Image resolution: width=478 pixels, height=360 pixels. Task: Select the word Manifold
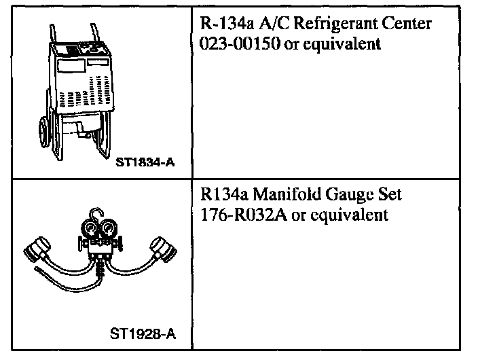[276, 196]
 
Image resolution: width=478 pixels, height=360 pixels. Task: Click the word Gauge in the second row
[335, 196]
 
